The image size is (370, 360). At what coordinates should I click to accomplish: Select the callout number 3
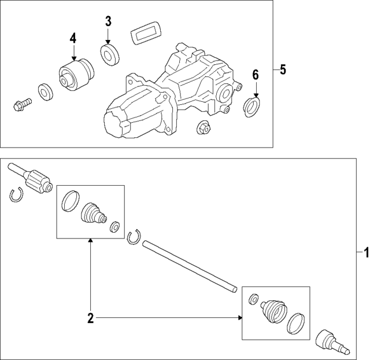point(108,22)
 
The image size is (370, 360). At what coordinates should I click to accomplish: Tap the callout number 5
point(283,70)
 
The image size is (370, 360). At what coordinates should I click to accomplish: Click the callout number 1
point(365,253)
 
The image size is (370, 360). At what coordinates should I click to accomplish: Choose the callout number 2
point(90,317)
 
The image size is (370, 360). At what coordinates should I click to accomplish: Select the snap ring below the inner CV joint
point(16,196)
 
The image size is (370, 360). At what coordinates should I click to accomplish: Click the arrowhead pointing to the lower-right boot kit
point(239,317)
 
